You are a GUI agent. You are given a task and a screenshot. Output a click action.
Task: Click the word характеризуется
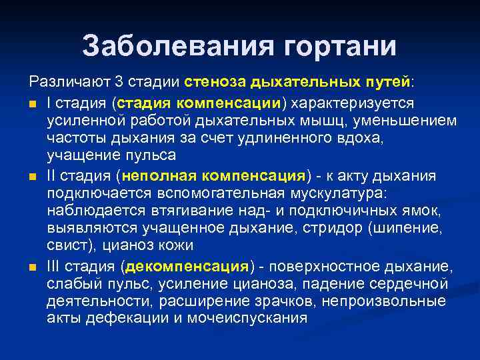tap(351, 104)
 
